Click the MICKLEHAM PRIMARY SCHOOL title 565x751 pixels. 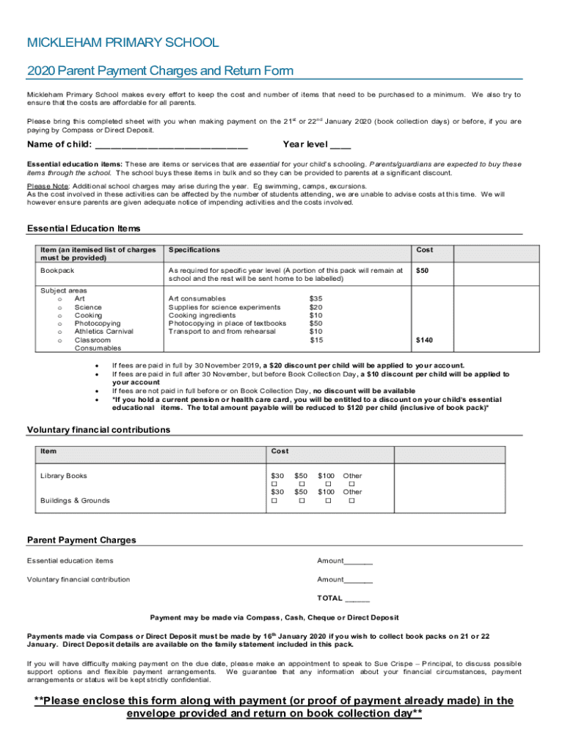coord(123,43)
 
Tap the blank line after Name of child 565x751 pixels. coord(169,144)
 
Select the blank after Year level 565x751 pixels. coord(340,144)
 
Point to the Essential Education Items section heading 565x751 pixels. coord(84,229)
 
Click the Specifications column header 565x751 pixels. coord(194,250)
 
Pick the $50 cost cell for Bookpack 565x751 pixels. coord(423,271)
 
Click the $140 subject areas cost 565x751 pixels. coord(424,340)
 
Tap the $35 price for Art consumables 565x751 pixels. coord(316,298)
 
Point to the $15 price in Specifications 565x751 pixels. coord(316,340)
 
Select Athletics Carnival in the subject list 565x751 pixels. coord(103,331)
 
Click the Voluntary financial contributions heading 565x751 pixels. coord(98,430)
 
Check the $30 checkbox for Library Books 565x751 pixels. coord(274,484)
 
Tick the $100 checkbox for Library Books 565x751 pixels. coord(328,484)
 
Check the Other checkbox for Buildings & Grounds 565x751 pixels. coord(351,501)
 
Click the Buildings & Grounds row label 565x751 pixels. coord(75,500)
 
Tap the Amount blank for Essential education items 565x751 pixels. coord(358,562)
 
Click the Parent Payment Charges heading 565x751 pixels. coord(81,541)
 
